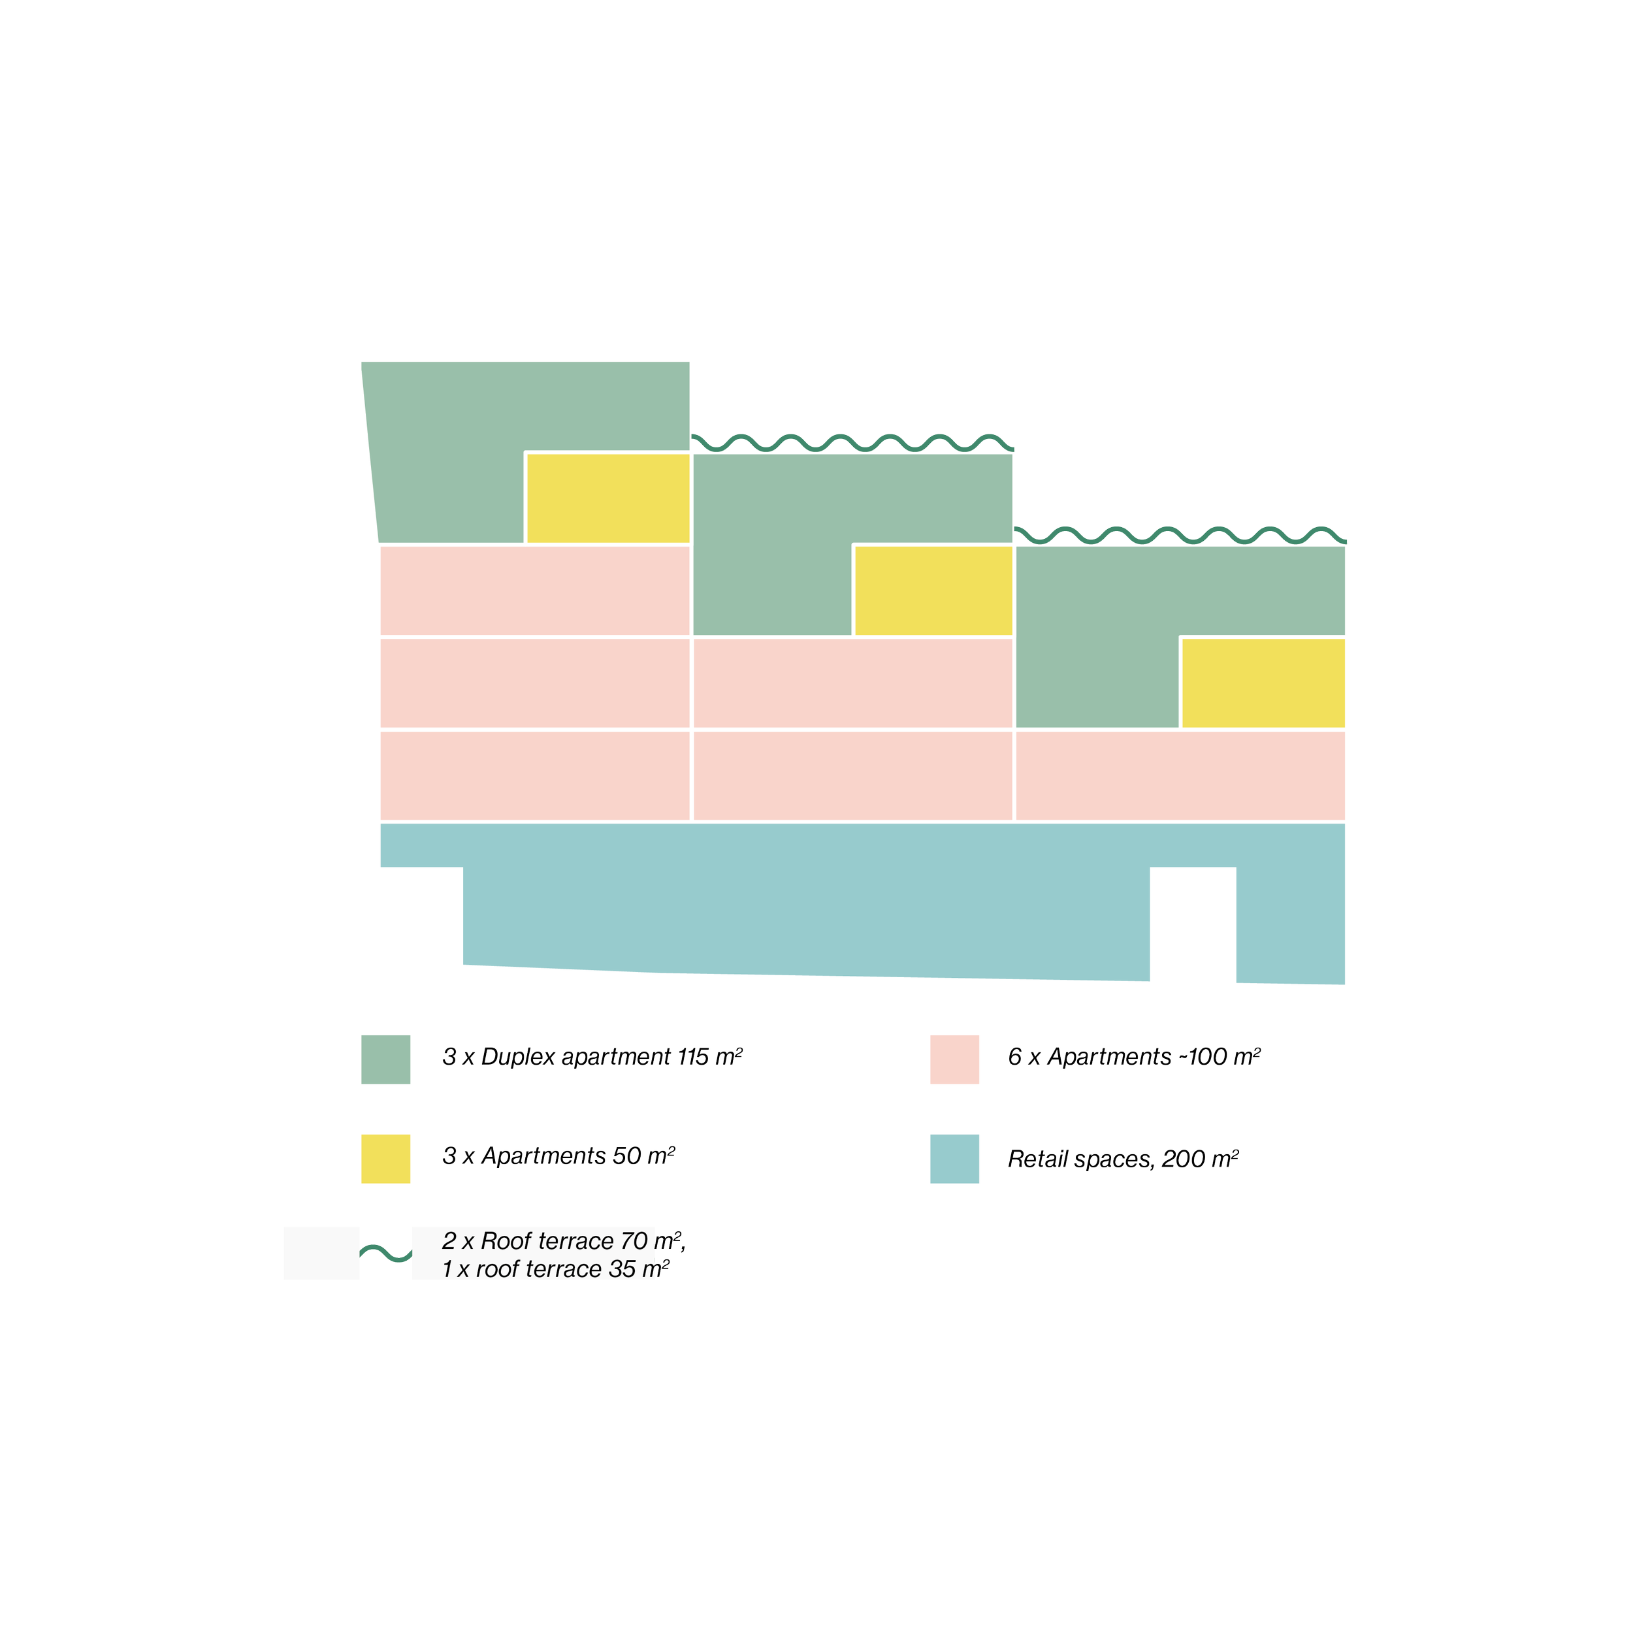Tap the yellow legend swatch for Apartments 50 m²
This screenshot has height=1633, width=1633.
point(385,1158)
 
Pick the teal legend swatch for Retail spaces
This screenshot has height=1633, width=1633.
point(954,1158)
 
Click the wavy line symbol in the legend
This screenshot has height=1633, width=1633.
point(385,1253)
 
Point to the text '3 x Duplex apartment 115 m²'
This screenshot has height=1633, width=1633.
point(592,1056)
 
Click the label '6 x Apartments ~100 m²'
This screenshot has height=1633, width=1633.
point(1133,1056)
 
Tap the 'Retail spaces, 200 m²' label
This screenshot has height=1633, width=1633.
point(1122,1158)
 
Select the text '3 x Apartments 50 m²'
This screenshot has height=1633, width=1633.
point(558,1156)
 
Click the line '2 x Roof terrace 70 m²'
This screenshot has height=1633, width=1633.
point(563,1241)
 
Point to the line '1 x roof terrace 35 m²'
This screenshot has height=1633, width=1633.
point(555,1269)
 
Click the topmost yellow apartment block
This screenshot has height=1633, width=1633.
point(607,498)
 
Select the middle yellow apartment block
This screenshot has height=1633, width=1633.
point(933,590)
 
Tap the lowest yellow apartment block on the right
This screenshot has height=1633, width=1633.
point(1263,682)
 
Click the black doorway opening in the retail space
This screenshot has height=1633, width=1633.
point(1193,925)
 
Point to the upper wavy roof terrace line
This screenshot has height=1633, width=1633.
point(854,442)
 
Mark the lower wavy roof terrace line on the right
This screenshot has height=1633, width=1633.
point(1180,534)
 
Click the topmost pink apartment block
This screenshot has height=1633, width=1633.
point(534,590)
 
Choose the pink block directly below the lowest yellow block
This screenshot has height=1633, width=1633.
point(1180,775)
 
